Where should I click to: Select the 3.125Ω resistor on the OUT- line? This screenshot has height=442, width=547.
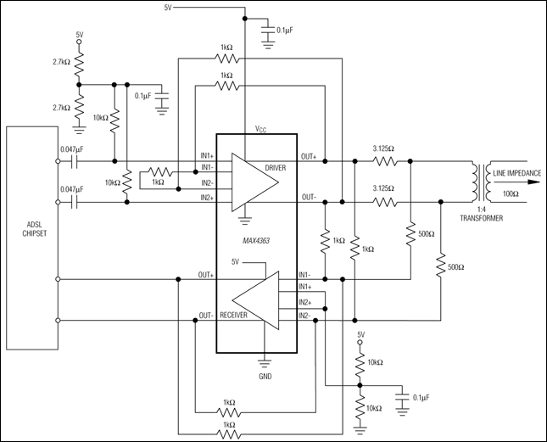point(385,202)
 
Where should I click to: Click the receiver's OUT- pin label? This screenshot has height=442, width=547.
point(205,316)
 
